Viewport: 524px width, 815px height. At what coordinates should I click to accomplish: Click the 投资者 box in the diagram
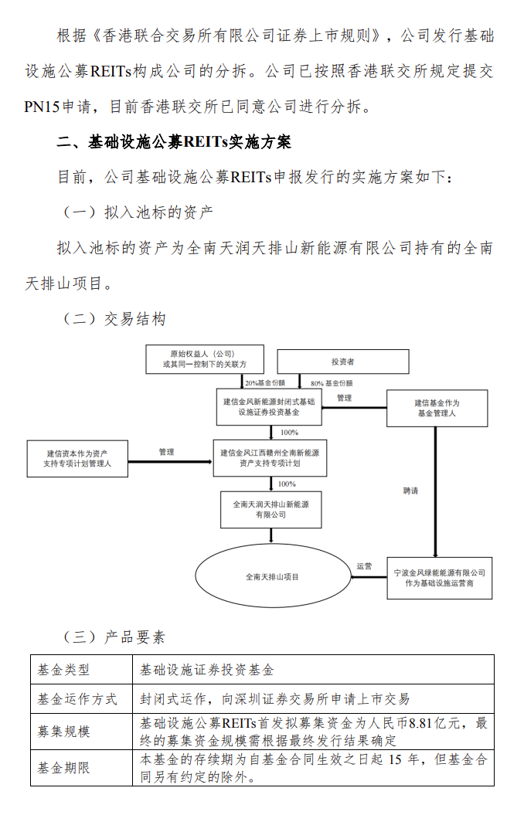(343, 362)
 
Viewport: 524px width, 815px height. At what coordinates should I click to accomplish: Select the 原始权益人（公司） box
(205, 359)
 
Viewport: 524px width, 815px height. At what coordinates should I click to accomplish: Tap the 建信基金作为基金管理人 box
(437, 409)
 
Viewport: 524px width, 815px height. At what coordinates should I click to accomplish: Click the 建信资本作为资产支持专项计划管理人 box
(77, 458)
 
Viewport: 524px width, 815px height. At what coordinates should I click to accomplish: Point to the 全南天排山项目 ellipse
(273, 576)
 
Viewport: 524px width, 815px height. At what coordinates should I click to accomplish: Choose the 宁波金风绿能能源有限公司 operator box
(439, 578)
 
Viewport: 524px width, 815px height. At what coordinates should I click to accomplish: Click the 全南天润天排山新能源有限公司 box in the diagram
(271, 509)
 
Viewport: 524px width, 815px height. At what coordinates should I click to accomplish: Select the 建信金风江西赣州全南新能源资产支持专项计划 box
(270, 458)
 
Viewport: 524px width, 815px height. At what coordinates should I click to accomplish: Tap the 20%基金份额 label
(265, 383)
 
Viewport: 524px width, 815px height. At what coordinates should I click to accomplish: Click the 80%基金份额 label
(332, 384)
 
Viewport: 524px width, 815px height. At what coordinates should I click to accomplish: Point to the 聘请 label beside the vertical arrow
(410, 491)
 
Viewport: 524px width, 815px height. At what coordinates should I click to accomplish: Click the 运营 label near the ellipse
(365, 566)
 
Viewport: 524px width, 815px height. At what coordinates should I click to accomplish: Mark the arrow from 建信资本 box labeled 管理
(171, 461)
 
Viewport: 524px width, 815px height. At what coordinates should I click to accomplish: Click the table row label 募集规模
(63, 732)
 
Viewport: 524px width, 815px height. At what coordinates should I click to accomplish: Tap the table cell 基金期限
(63, 768)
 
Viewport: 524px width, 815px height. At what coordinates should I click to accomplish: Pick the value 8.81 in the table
(420, 723)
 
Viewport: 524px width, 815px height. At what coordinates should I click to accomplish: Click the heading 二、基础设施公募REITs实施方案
(174, 142)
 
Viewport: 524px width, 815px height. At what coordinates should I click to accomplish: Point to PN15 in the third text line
(42, 107)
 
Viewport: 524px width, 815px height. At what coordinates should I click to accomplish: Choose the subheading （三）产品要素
(114, 637)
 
